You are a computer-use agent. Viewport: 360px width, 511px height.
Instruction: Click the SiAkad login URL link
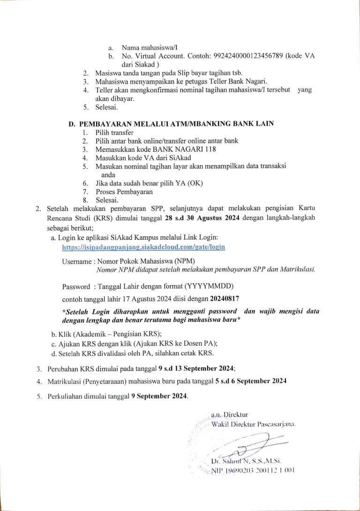click(x=144, y=247)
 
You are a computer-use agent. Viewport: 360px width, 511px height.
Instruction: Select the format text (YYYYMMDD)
click(x=209, y=286)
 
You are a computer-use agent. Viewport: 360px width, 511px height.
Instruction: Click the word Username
click(x=77, y=261)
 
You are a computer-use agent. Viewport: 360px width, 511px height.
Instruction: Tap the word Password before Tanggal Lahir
click(x=75, y=286)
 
